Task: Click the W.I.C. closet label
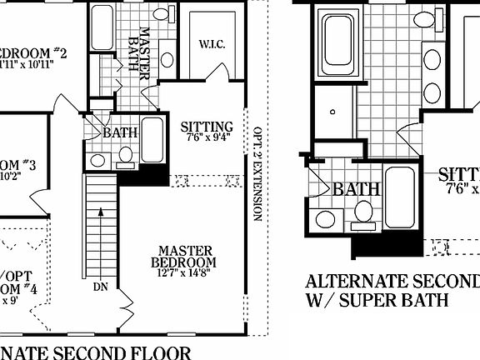tap(209, 43)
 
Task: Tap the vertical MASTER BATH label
tap(142, 52)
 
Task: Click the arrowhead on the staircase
tap(101, 212)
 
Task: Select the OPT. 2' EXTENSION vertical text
tap(257, 175)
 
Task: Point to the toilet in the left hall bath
tap(126, 155)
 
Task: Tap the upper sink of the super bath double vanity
tap(432, 59)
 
